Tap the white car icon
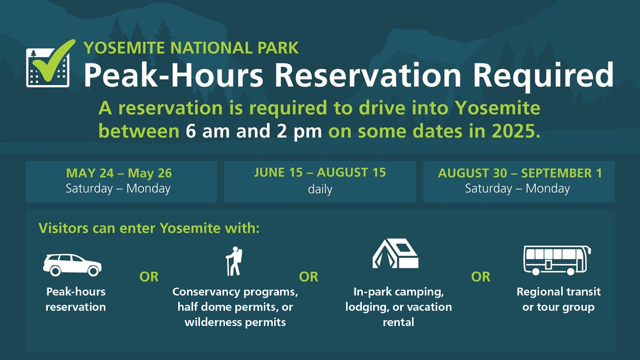click(x=72, y=265)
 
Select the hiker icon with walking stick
click(x=234, y=261)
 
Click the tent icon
click(x=395, y=254)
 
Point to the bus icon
click(x=557, y=261)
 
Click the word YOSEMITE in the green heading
click(x=124, y=48)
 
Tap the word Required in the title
click(x=543, y=75)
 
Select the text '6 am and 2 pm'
click(x=254, y=131)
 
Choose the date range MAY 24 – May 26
click(x=119, y=173)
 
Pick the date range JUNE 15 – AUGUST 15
click(x=320, y=172)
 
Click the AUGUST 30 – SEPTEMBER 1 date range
click(x=520, y=173)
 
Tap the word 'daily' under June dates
click(x=320, y=189)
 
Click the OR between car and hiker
click(x=149, y=277)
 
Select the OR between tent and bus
click(x=480, y=277)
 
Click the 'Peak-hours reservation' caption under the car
click(x=76, y=299)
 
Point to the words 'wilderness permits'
click(x=235, y=322)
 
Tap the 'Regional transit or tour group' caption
click(x=559, y=299)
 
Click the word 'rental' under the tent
click(x=398, y=322)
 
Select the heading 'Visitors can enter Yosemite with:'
click(x=149, y=228)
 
